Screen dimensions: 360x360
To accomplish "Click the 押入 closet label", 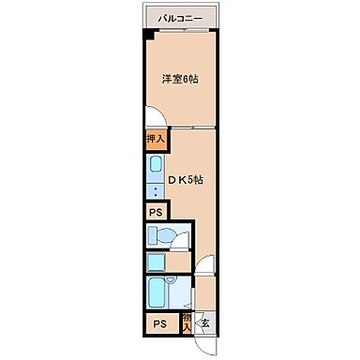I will [x=156, y=141].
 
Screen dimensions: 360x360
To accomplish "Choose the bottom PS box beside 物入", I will [x=159, y=323].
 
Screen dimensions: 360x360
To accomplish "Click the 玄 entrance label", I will [x=204, y=323].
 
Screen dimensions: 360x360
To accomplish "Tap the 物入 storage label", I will [x=187, y=322].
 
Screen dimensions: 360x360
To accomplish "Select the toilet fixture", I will [x=165, y=235].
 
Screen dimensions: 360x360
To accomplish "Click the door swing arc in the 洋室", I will [x=157, y=119].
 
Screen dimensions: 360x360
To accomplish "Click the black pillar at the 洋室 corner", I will [x=147, y=35].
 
